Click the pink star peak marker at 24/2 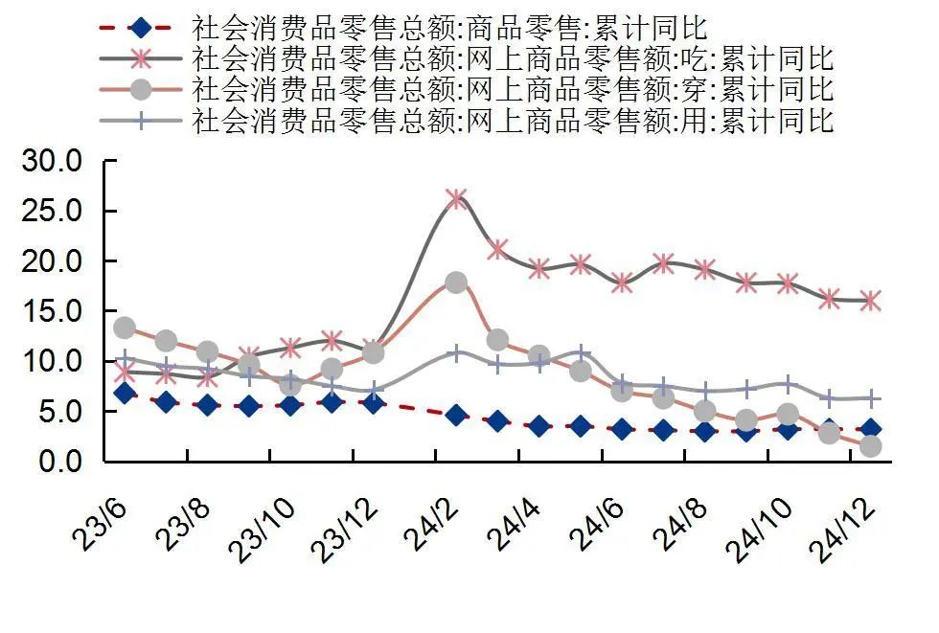456,198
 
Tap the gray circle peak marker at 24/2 456,283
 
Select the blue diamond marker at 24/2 456,415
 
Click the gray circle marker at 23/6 125,328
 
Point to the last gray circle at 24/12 871,446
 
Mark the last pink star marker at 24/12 871,301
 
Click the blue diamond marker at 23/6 125,393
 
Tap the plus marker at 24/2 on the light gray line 456,353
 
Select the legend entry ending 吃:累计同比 513,57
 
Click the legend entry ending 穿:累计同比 513,89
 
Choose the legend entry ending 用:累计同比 513,121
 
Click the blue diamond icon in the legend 141,26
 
